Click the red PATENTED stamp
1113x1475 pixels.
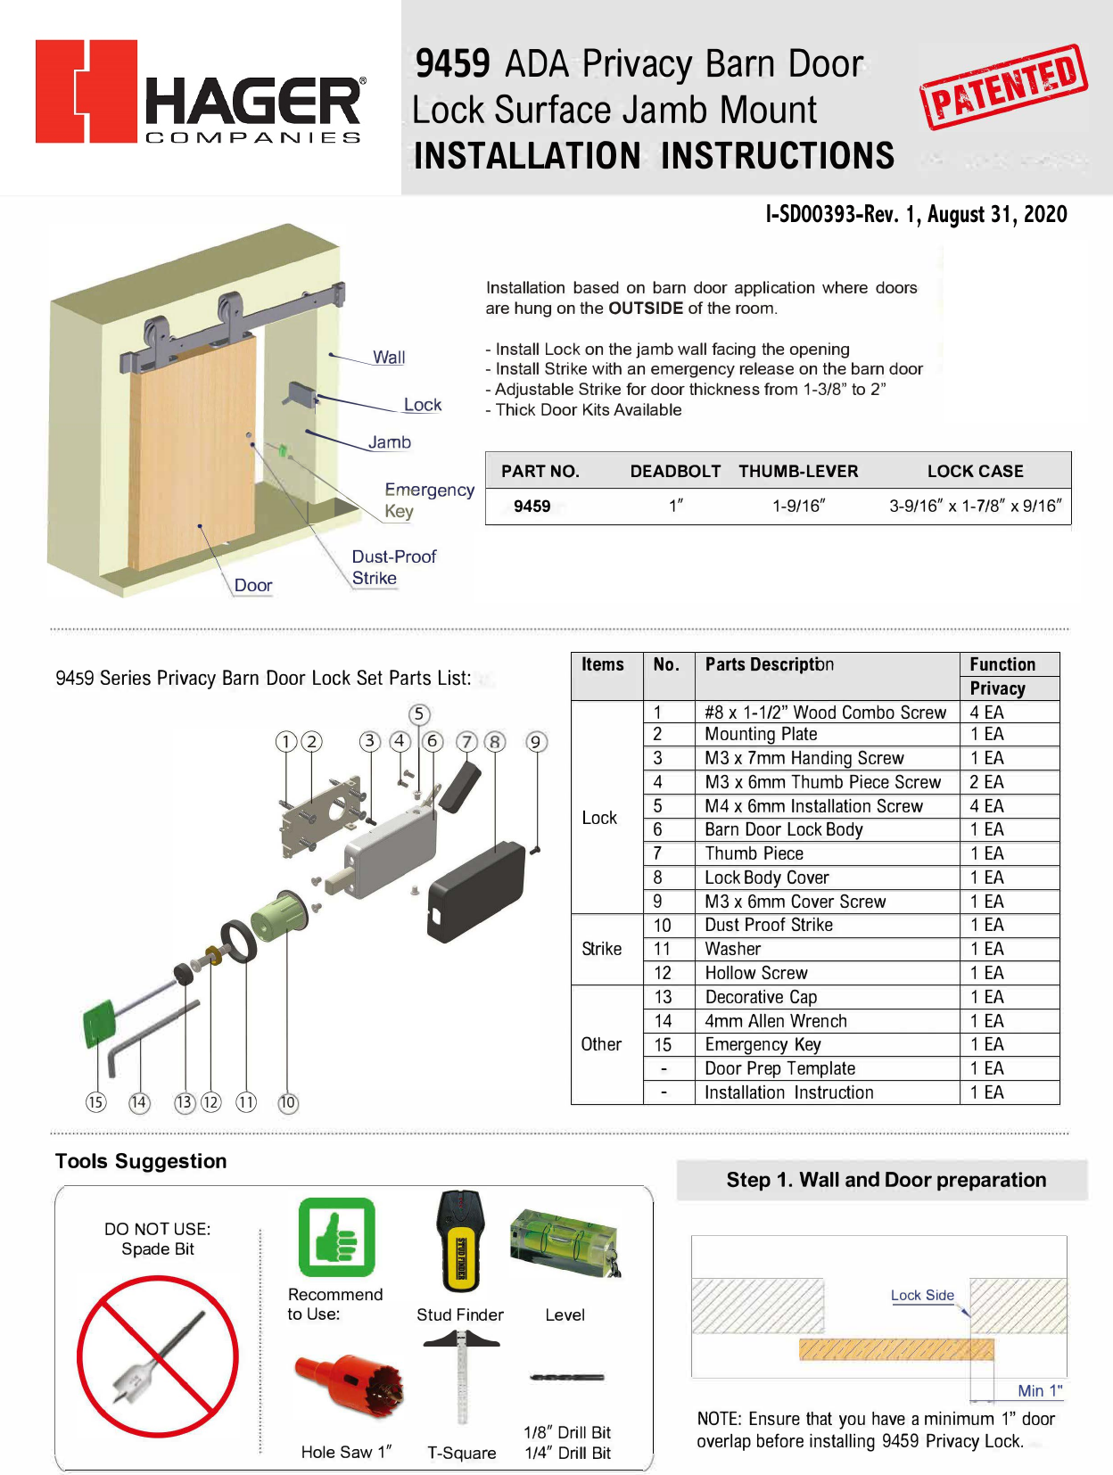click(1003, 87)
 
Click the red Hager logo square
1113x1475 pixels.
click(87, 91)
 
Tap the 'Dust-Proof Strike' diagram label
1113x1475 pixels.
click(393, 567)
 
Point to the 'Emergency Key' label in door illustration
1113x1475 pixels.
click(428, 500)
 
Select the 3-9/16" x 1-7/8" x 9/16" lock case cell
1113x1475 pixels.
click(975, 507)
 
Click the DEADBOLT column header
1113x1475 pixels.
click(675, 472)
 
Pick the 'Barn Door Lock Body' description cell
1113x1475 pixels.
click(783, 829)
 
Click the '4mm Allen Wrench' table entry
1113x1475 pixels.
click(775, 1021)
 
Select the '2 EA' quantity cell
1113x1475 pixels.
click(986, 782)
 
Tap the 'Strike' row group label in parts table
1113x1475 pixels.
click(602, 949)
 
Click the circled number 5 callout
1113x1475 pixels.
click(419, 714)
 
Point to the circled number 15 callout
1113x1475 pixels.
click(95, 1102)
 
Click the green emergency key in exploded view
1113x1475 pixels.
click(99, 1023)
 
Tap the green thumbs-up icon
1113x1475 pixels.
click(336, 1237)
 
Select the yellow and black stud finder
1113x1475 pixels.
click(460, 1242)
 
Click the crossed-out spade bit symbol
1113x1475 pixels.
click(158, 1356)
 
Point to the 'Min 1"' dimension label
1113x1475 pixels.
click(1040, 1390)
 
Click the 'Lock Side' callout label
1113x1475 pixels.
click(922, 1295)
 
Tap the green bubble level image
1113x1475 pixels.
click(564, 1241)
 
